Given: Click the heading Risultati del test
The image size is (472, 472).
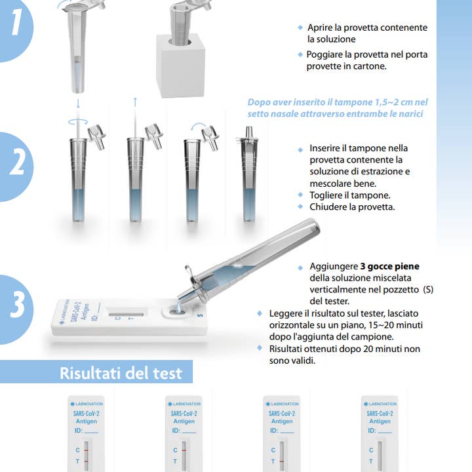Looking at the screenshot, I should tap(121, 374).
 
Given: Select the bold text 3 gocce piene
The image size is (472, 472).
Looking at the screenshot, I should tap(389, 267).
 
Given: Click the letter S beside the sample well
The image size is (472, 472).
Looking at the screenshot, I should tap(200, 315).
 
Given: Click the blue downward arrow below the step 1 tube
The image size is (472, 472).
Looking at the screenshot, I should tap(77, 103).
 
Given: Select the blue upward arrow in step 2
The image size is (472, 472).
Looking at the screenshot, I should tap(135, 102).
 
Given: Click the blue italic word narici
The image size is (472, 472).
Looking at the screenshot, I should tap(407, 113).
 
